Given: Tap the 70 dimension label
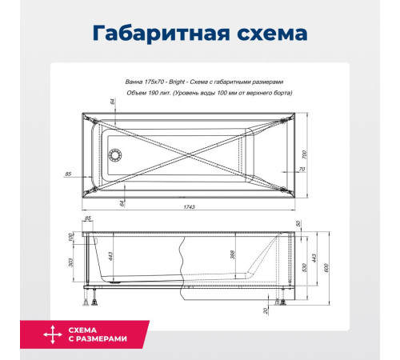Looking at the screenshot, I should click(301, 170).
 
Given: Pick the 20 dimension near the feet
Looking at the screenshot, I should click(265, 310).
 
